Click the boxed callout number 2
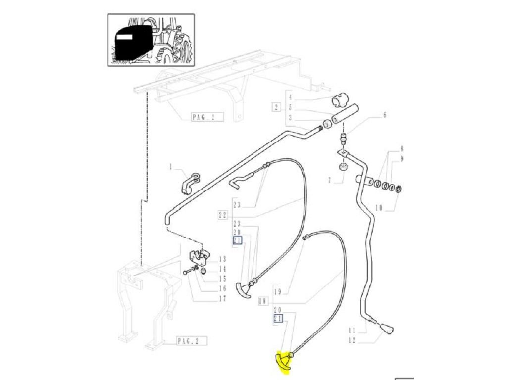pos(276,107)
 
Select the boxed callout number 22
pos(223,215)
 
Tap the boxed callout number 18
pos(263,301)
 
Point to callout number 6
pos(384,115)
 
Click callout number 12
pos(352,340)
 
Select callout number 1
pos(171,167)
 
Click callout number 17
pos(222,299)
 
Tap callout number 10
pos(379,208)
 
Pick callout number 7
pos(330,180)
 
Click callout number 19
pos(277,292)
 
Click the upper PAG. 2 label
pos(203,117)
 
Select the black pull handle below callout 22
pos(243,290)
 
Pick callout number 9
pos(402,159)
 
